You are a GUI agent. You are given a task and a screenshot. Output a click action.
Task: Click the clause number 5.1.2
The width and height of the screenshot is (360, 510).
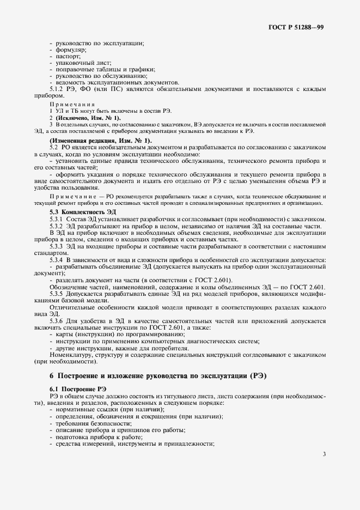click(x=58, y=88)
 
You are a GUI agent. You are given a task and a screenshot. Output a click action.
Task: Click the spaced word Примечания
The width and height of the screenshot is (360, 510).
click(x=72, y=104)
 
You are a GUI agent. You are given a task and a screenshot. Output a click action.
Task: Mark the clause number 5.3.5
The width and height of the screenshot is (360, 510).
click(x=58, y=294)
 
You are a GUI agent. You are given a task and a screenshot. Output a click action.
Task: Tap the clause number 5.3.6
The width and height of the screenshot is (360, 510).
click(x=58, y=321)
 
